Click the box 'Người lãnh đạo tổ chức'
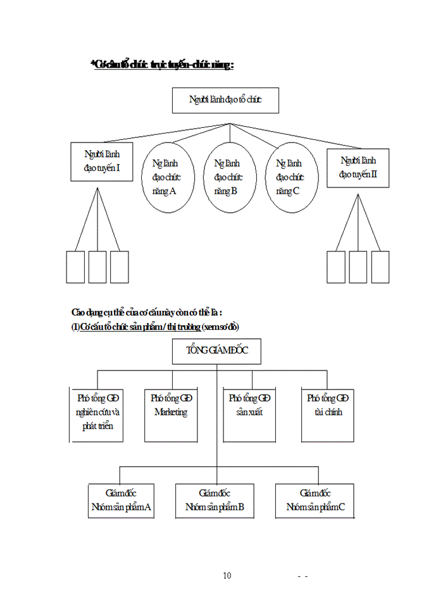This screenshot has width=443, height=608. [225, 100]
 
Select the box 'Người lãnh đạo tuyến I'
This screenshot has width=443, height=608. [102, 161]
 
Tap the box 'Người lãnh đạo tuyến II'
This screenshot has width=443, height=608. [358, 168]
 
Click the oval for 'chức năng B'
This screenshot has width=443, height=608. [228, 177]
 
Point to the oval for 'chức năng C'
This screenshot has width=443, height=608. [290, 177]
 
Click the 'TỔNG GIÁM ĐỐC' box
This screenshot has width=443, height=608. [216, 351]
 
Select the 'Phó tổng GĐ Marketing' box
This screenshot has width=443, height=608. [171, 415]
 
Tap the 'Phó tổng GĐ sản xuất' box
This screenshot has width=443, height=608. [249, 415]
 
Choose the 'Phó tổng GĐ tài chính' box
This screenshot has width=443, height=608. [328, 415]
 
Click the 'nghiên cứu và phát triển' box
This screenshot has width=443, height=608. [97, 415]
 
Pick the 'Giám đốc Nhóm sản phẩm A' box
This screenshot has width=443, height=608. [121, 501]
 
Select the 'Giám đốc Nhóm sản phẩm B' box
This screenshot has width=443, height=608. [215, 501]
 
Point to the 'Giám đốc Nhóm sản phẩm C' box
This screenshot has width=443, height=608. [315, 501]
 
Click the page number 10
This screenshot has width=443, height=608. [227, 576]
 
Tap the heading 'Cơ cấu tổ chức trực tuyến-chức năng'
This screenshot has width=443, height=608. [163, 65]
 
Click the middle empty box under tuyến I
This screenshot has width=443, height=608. [97, 267]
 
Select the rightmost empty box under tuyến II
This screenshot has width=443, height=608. [380, 267]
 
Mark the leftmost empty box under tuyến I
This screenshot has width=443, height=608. [75, 267]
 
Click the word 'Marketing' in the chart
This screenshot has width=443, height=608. [171, 412]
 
